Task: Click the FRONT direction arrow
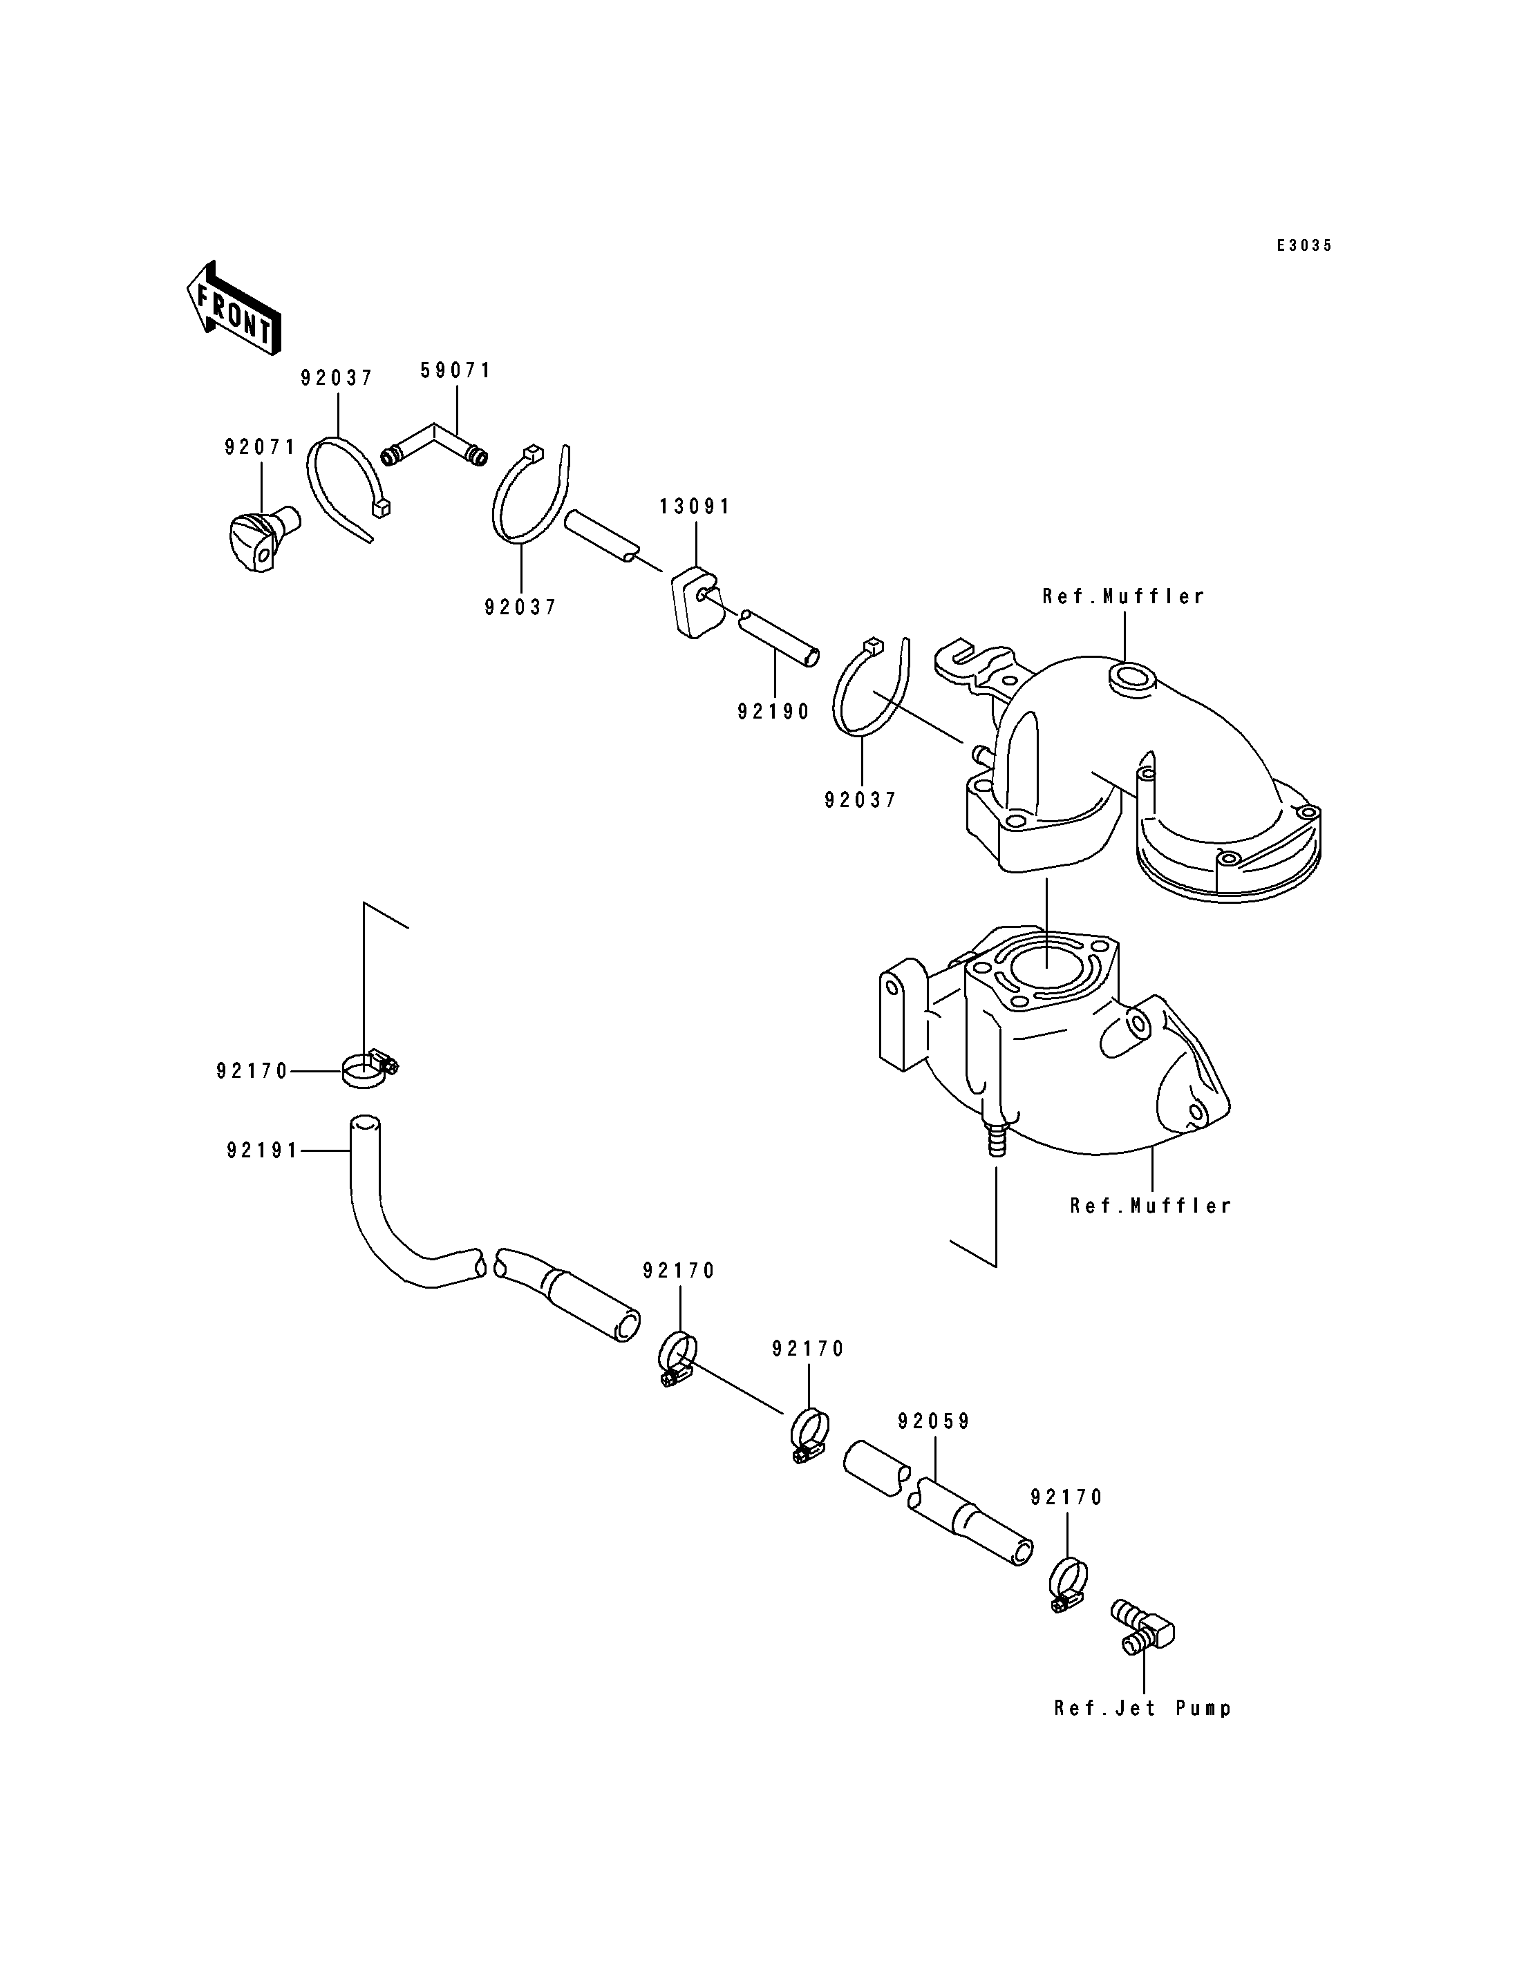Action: [234, 307]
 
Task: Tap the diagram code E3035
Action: [1304, 245]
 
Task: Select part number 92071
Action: [261, 447]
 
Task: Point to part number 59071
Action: [456, 370]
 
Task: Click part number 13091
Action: [695, 506]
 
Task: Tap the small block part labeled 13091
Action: [698, 600]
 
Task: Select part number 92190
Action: [773, 712]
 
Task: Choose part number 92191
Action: [263, 1150]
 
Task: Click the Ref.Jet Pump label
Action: [1142, 1708]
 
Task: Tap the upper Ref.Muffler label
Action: [1124, 596]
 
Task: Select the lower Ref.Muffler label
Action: [1151, 1206]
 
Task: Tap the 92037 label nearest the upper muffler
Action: [860, 800]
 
